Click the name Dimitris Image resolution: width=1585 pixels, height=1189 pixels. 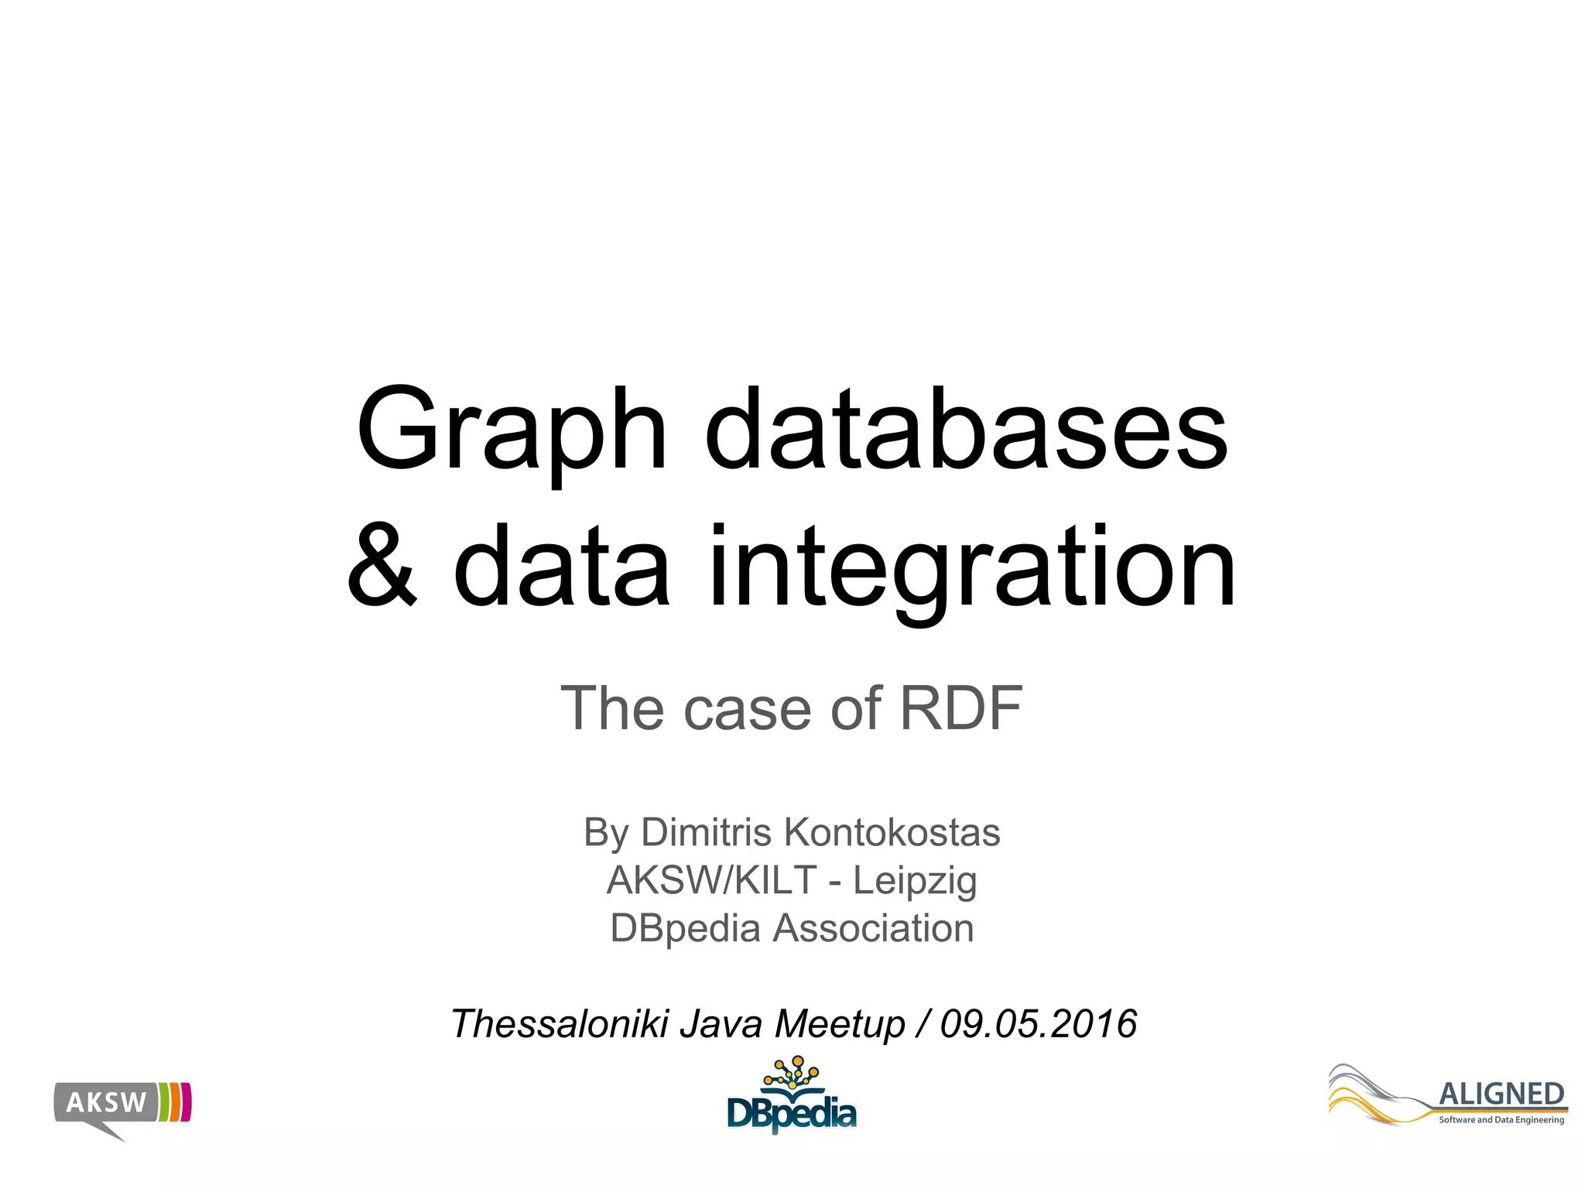click(x=706, y=833)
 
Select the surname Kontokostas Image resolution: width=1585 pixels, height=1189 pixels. click(x=892, y=833)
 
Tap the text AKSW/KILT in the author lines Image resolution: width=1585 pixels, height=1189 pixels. click(x=711, y=880)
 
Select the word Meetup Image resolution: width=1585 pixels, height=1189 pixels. click(x=840, y=1025)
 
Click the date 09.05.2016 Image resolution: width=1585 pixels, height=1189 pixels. click(x=1038, y=1023)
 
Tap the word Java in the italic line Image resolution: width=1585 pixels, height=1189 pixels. click(x=722, y=1023)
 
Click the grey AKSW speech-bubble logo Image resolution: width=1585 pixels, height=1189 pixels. click(x=105, y=1103)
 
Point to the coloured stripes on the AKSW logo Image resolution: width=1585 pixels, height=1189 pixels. click(x=175, y=1102)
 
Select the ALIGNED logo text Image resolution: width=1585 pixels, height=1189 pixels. click(x=1501, y=1095)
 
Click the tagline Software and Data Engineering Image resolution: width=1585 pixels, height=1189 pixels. click(x=1501, y=1120)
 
